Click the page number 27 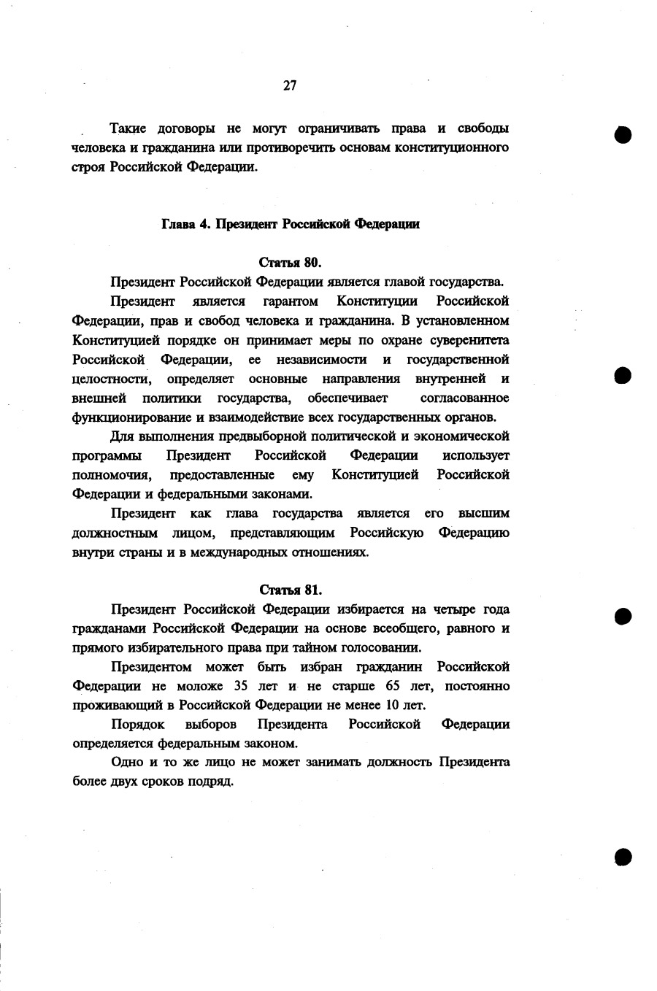(290, 85)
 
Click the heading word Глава (177, 224)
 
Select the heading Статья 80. (290, 262)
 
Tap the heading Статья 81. (290, 590)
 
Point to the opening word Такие (128, 129)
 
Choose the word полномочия (112, 475)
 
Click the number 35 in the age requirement (242, 686)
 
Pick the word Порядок (137, 725)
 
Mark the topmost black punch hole (623, 136)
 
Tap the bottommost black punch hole (622, 856)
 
